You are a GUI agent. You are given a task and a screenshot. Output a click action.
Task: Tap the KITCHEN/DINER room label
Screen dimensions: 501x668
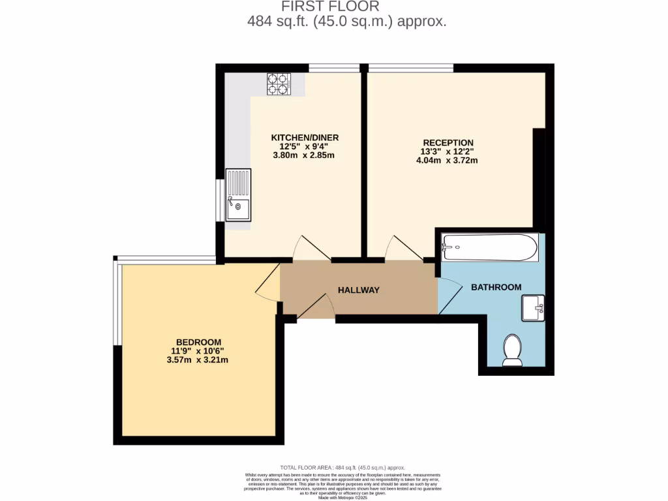(305, 138)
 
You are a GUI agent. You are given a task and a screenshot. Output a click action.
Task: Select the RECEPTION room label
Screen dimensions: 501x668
(448, 143)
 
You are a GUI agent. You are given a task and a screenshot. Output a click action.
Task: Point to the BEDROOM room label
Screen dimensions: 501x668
(198, 342)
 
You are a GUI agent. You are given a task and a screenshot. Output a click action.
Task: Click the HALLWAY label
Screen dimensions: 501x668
(358, 290)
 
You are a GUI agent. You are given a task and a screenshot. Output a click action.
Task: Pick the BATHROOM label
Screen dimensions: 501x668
(496, 287)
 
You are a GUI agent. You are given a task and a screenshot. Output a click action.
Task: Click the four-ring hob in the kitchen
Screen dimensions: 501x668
(277, 83)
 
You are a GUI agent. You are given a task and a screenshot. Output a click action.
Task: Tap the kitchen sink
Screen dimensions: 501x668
(237, 194)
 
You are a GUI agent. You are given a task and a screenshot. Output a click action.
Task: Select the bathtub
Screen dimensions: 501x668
(489, 248)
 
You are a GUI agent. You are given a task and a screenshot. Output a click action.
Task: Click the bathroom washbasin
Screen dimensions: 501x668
(533, 307)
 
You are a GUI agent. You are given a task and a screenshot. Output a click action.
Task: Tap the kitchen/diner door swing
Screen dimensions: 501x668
(311, 249)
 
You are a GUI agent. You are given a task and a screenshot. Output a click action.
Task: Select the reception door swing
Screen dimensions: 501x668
(401, 249)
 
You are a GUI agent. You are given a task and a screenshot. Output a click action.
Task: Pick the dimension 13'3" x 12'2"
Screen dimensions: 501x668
(447, 152)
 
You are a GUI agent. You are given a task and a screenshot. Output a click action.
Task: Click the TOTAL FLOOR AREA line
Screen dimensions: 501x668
(342, 468)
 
